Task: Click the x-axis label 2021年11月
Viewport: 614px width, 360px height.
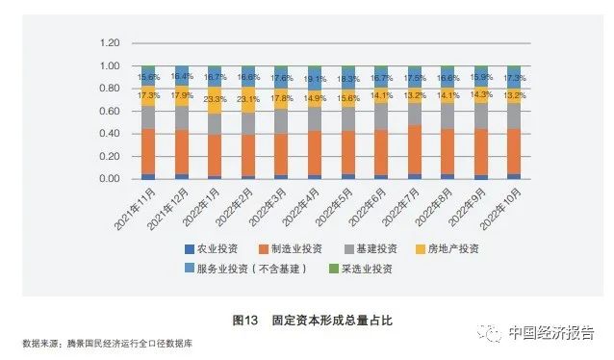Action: (x=133, y=207)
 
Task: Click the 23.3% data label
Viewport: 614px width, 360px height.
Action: (x=215, y=99)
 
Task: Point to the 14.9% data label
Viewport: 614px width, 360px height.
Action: (x=316, y=98)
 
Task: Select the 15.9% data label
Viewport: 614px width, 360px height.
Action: (x=483, y=77)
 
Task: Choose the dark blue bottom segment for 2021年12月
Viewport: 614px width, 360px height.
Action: (x=181, y=176)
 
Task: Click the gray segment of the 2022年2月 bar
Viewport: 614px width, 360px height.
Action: (x=248, y=123)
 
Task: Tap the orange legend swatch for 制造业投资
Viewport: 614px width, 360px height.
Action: (x=266, y=248)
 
